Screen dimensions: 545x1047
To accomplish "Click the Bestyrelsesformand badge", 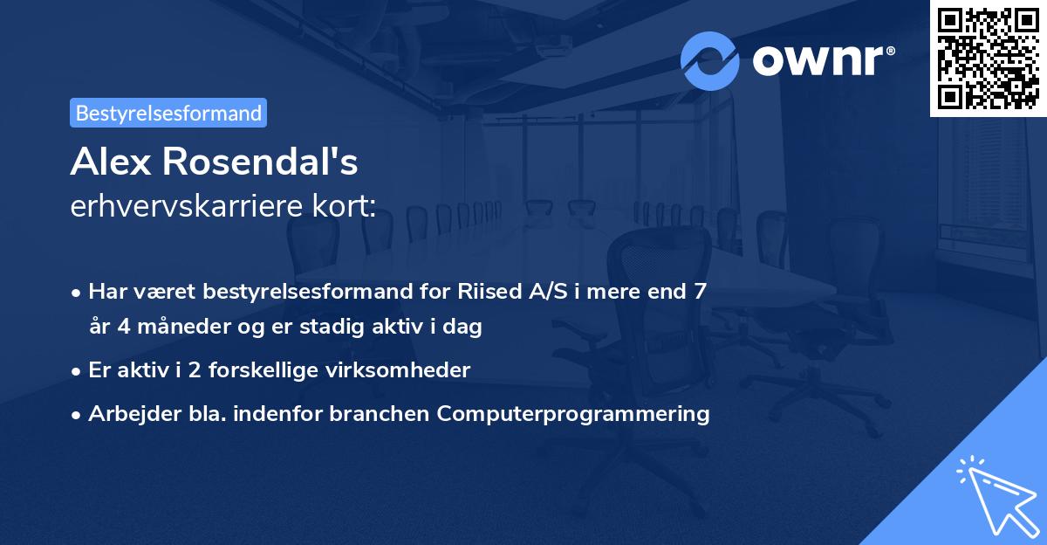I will pos(168,113).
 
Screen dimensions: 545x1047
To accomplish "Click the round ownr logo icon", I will pos(709,61).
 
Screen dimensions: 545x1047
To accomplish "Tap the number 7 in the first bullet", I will pos(700,292).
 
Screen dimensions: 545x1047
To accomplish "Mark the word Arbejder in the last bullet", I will pos(125,414).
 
